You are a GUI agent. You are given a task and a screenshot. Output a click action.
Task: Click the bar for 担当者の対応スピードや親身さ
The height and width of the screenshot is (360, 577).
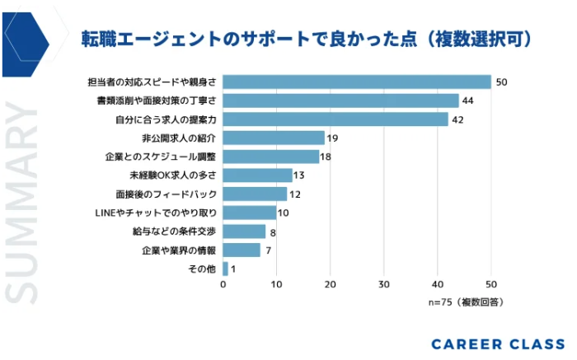click(357, 82)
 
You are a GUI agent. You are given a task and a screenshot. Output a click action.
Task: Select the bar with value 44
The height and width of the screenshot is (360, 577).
click(340, 101)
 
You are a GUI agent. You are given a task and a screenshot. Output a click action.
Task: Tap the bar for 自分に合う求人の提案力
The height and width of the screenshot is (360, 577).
click(335, 119)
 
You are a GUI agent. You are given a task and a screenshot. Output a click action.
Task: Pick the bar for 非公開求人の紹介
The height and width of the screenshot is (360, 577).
click(274, 138)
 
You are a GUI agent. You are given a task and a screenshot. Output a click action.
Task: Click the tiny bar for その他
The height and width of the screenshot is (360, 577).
click(225, 269)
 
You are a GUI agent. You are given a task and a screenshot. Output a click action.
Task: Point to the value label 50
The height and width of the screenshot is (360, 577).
click(500, 82)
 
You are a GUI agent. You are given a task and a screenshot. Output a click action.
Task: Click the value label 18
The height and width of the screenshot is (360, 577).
click(326, 157)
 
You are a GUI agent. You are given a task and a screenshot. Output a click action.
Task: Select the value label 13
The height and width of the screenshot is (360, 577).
click(298, 175)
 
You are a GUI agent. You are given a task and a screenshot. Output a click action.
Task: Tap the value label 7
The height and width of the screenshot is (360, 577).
click(267, 250)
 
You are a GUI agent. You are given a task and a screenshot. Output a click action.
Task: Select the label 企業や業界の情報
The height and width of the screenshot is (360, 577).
click(179, 250)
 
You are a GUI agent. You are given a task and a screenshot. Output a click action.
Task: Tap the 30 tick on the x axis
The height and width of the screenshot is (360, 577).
click(383, 284)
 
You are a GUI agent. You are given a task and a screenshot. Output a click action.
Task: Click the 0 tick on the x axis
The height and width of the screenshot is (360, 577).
click(223, 284)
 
